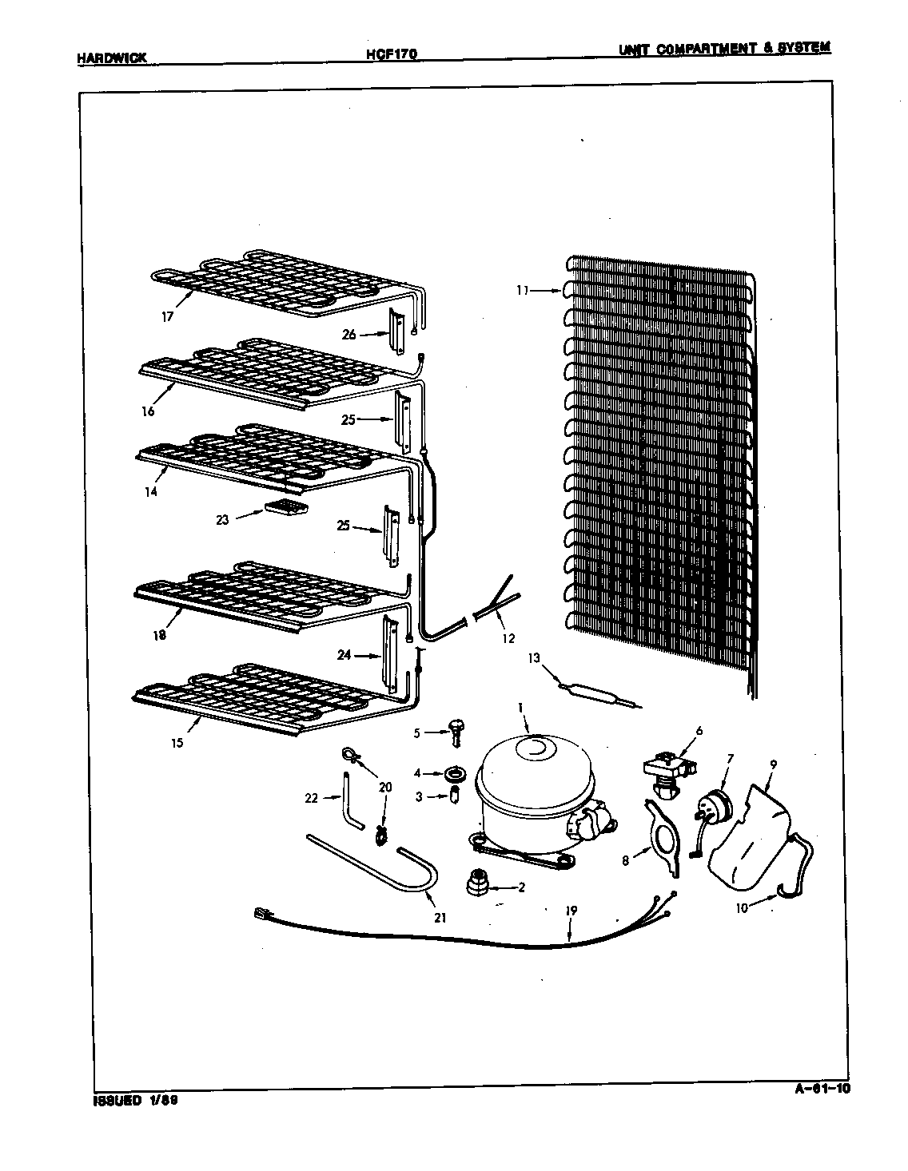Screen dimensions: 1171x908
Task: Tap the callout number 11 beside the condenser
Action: [x=522, y=292]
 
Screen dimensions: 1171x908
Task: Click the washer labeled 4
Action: [x=458, y=773]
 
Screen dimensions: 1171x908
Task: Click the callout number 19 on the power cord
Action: [x=571, y=911]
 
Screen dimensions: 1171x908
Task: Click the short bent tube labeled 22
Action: [x=350, y=800]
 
